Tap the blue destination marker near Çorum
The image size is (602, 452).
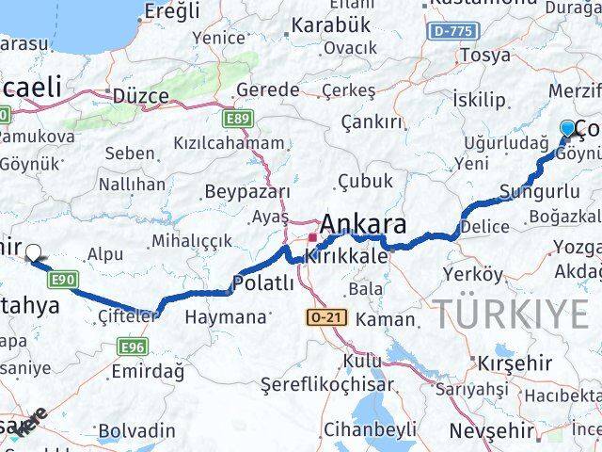click(x=568, y=129)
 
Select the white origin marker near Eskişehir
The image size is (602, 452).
click(x=34, y=252)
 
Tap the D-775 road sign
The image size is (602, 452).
click(x=452, y=31)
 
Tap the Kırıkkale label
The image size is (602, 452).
click(x=342, y=255)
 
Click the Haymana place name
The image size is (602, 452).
click(x=225, y=317)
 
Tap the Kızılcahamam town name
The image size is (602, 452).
click(x=229, y=143)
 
